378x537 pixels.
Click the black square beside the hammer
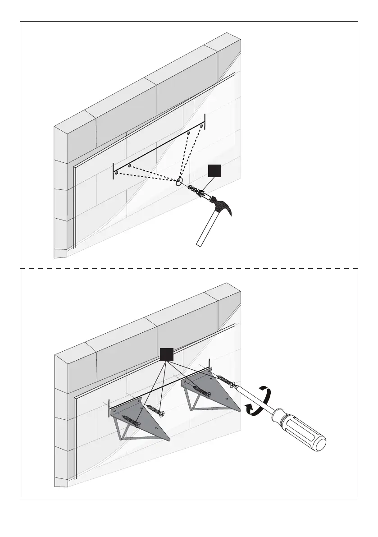pyautogui.click(x=214, y=172)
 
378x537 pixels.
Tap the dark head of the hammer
pyautogui.click(x=220, y=205)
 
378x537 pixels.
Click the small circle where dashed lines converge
pyautogui.click(x=179, y=183)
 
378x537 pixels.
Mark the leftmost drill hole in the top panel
pyautogui.click(x=116, y=173)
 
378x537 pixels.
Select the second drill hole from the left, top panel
pyautogui.click(x=129, y=166)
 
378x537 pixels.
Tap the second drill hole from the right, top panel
pyautogui.click(x=188, y=134)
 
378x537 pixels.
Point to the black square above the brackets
pyautogui.click(x=166, y=354)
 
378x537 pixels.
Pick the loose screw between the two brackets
pyautogui.click(x=155, y=410)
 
